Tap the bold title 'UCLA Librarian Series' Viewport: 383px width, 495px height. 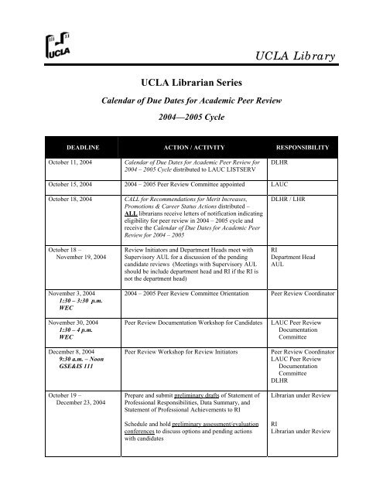[191, 81]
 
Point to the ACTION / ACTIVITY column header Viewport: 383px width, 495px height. [189, 146]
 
